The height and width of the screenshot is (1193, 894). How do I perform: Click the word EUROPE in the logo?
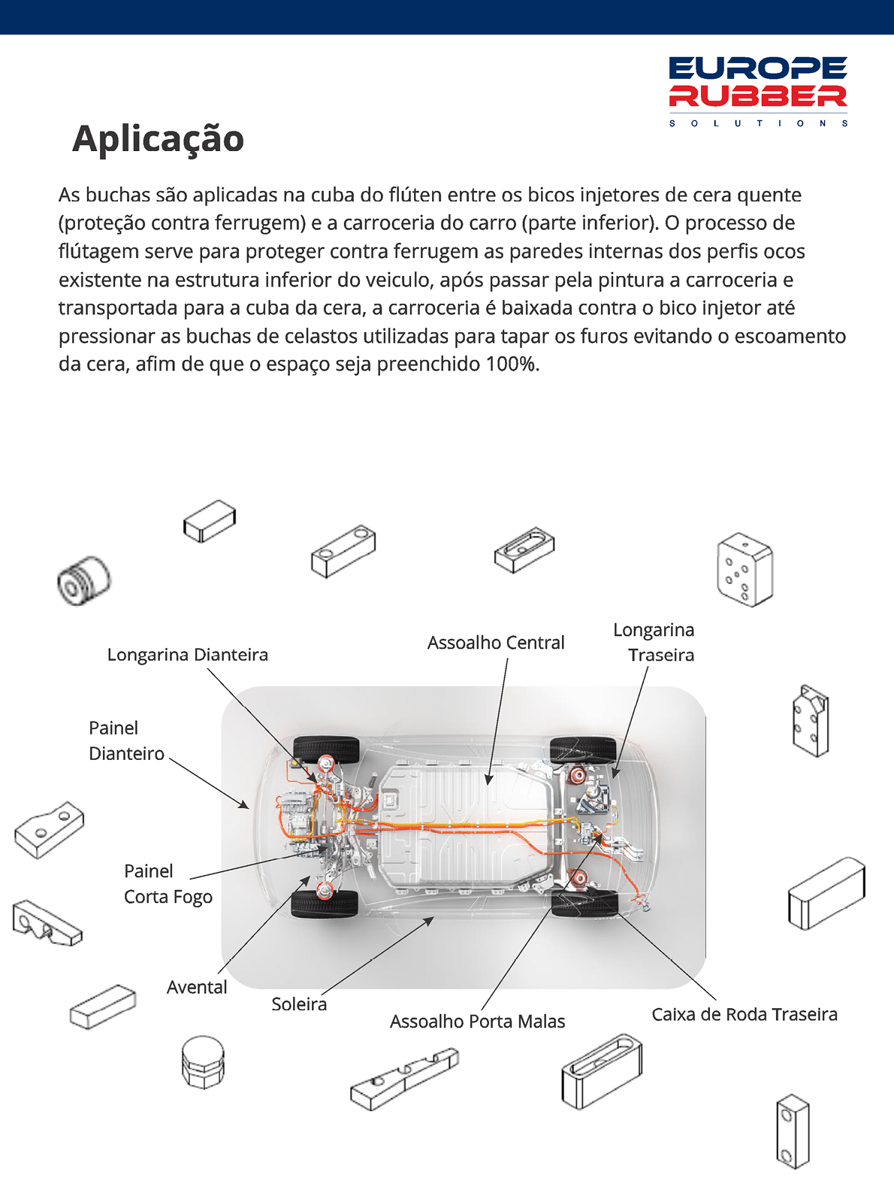point(758,69)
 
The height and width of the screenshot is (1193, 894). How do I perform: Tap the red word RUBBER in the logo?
point(758,95)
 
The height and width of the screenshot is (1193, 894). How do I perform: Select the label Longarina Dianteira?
point(187,655)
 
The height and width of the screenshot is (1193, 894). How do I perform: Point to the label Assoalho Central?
point(496,643)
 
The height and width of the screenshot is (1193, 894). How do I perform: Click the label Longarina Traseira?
point(654,643)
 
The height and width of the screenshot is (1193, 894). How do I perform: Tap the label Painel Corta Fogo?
point(168,884)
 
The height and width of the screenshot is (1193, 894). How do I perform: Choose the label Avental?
point(197,987)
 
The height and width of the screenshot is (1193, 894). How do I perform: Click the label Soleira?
point(299,1004)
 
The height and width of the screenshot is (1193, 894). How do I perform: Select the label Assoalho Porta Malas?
point(477,1022)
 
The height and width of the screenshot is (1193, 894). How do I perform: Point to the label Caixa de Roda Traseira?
point(744,1014)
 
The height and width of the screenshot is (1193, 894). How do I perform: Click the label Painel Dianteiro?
point(126,740)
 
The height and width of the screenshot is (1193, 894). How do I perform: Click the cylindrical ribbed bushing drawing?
point(83,580)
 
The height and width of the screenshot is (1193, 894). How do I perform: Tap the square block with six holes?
point(744,570)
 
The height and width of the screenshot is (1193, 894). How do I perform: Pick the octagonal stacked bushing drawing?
point(203,1062)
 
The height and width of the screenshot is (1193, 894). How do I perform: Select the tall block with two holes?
point(793,1131)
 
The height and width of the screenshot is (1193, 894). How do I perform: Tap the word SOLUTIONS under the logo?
point(758,123)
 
